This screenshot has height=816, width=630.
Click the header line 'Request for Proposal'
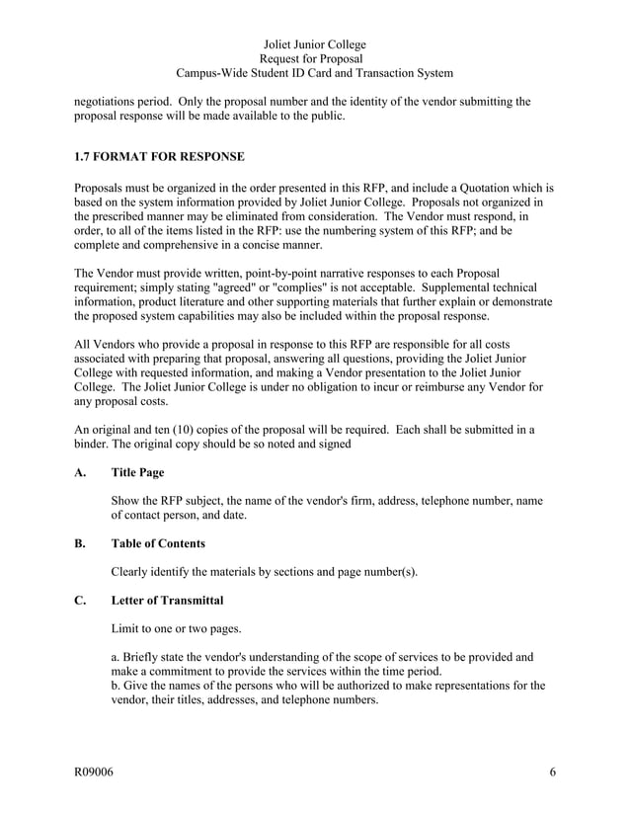coord(315,59)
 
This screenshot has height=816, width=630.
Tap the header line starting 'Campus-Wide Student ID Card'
coord(315,73)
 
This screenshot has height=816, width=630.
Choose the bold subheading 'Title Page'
coord(137,473)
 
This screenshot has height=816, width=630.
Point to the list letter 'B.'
coord(82,543)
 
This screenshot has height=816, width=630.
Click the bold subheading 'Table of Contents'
coord(158,543)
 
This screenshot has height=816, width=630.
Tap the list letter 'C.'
coord(82,600)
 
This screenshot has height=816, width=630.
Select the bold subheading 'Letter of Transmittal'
coord(167,600)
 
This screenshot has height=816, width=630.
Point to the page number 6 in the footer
coord(552,773)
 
